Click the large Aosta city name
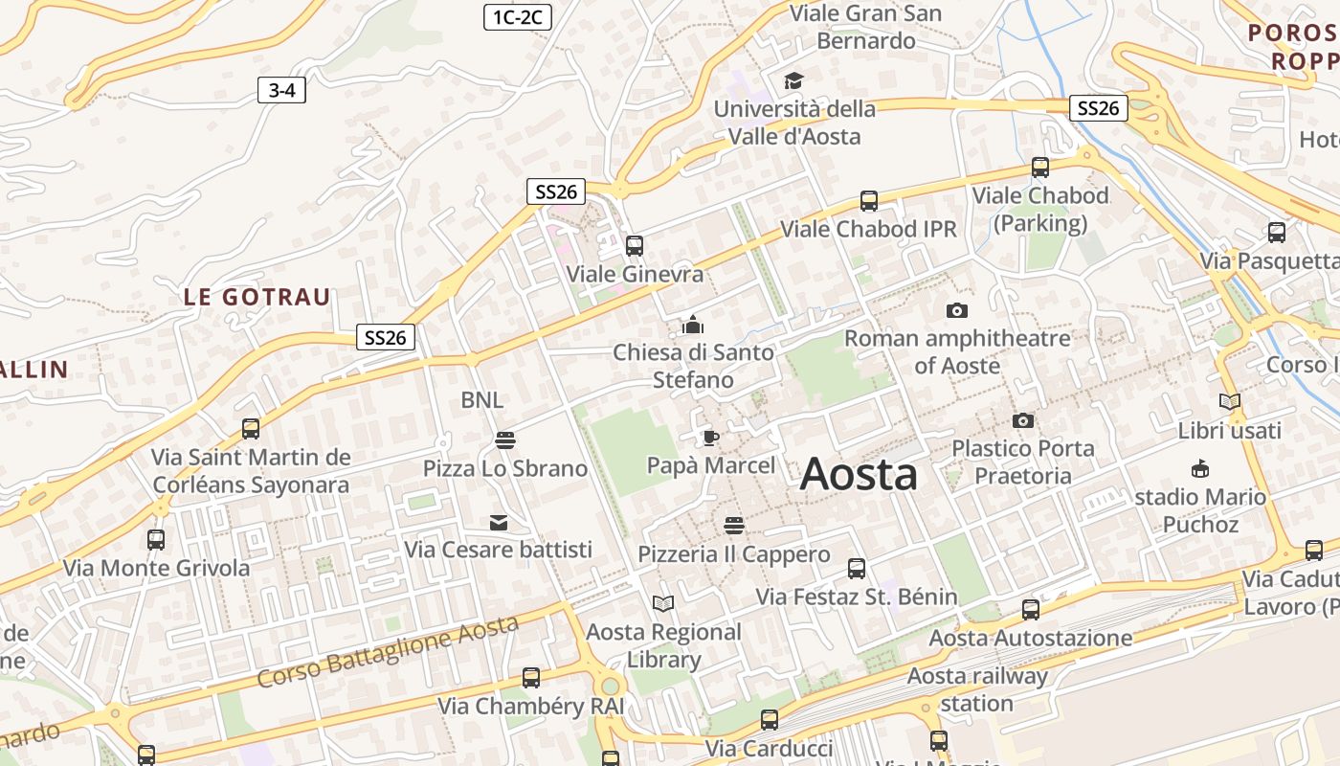[x=859, y=474]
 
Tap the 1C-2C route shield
[x=518, y=16]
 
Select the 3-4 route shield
[x=281, y=91]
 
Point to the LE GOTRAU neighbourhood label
[x=257, y=297]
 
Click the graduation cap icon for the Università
[x=793, y=80]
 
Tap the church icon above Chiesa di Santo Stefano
[x=693, y=325]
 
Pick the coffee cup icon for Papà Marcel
[x=710, y=438]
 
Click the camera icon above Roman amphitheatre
[x=956, y=310]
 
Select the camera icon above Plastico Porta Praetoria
[x=1023, y=420]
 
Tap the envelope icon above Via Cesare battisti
[x=499, y=522]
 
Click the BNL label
[x=481, y=400]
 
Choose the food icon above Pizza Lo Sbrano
[x=505, y=439]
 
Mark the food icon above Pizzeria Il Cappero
[x=734, y=526]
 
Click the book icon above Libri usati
[x=1230, y=402]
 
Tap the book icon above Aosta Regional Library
[x=663, y=603]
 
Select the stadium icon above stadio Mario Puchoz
[x=1199, y=468]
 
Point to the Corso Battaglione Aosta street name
[x=388, y=651]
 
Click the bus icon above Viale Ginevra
[x=635, y=246]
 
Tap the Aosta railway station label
[x=976, y=689]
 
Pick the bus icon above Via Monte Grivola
[x=156, y=540]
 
